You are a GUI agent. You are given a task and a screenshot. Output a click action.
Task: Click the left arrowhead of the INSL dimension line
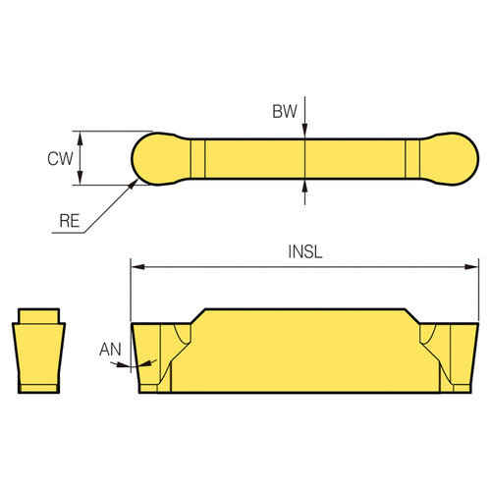[x=137, y=265]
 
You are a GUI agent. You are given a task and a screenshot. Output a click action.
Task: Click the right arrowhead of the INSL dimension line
[x=468, y=265]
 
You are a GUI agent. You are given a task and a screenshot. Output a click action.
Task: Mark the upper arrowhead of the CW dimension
[x=82, y=137]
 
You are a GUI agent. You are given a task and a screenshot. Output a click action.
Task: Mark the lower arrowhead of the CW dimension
[x=82, y=180]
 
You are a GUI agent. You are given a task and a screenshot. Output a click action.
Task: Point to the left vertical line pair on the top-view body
[x=198, y=158]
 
